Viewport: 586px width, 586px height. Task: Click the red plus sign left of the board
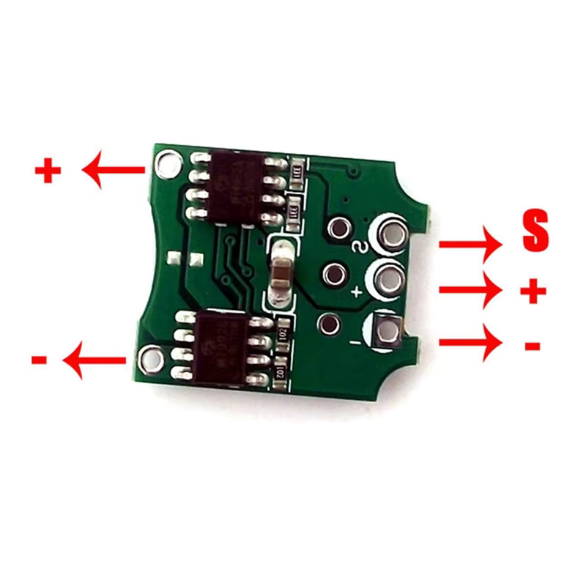click(x=48, y=172)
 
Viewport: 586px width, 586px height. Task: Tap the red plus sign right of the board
click(x=533, y=292)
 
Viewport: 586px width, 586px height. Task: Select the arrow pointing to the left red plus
click(x=114, y=171)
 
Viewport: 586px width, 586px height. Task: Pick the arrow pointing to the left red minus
click(x=95, y=360)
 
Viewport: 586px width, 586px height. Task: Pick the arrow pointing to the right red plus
click(x=470, y=291)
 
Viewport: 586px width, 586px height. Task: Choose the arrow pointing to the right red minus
click(x=470, y=343)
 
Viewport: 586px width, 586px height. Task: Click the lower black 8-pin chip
click(x=218, y=347)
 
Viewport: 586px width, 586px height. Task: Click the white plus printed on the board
click(x=357, y=293)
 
